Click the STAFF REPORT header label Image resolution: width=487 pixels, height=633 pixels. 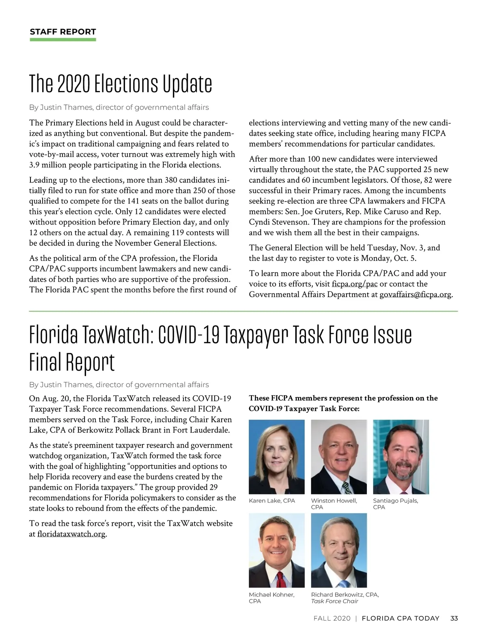(63, 32)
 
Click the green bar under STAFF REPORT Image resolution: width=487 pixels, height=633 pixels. (63, 40)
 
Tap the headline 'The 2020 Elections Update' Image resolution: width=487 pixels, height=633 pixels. (121, 84)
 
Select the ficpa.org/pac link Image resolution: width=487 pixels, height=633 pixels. (354, 284)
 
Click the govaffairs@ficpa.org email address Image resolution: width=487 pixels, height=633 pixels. (415, 295)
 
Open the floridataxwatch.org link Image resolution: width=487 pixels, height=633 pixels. (71, 534)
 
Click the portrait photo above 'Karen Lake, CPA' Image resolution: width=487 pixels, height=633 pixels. (276, 457)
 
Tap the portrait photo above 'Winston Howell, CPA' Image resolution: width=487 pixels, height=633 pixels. (338, 457)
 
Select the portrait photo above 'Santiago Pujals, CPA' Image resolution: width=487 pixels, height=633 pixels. (401, 457)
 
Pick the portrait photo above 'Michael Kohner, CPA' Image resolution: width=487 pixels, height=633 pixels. (276, 550)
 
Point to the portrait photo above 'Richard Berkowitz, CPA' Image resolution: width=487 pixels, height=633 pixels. (338, 550)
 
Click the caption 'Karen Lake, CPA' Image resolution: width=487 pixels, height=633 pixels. (272, 501)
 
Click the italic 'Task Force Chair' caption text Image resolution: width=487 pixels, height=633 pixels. (334, 601)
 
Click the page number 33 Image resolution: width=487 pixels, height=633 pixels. (454, 618)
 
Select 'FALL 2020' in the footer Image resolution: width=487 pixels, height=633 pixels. (332, 618)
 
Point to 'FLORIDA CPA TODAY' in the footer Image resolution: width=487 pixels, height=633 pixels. (400, 618)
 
